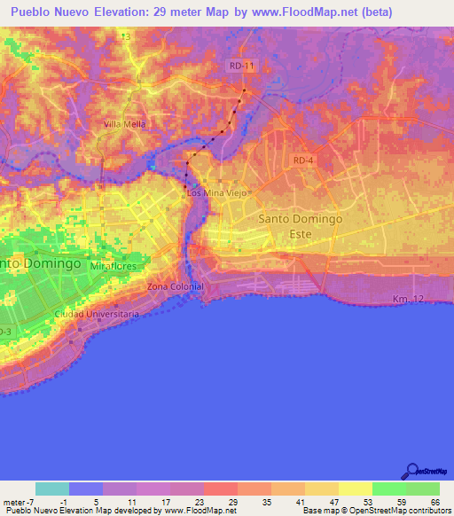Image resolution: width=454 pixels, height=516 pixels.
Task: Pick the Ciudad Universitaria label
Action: (96, 314)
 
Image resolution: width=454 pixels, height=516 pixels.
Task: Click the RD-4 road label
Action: (303, 160)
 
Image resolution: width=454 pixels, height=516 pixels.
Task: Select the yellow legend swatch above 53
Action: (355, 489)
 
